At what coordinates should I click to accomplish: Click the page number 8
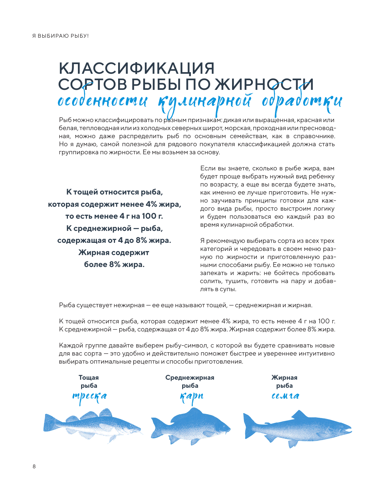click(34, 466)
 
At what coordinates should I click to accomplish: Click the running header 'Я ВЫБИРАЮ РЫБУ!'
click(60, 36)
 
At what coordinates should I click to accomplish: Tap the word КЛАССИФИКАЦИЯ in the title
click(136, 68)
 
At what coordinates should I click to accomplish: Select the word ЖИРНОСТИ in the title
click(264, 84)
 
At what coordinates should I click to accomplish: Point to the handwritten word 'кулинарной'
click(205, 102)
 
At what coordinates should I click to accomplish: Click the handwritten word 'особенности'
click(102, 101)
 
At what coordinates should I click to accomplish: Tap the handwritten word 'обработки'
click(302, 102)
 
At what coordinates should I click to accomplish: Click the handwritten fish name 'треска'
click(89, 396)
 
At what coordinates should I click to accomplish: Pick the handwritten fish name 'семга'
click(285, 396)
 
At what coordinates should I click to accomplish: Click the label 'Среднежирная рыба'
click(190, 382)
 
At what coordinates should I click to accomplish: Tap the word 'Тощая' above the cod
click(89, 377)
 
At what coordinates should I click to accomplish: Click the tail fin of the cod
click(50, 423)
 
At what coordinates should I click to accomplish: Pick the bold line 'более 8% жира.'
click(114, 264)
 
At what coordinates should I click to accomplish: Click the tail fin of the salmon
click(250, 426)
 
